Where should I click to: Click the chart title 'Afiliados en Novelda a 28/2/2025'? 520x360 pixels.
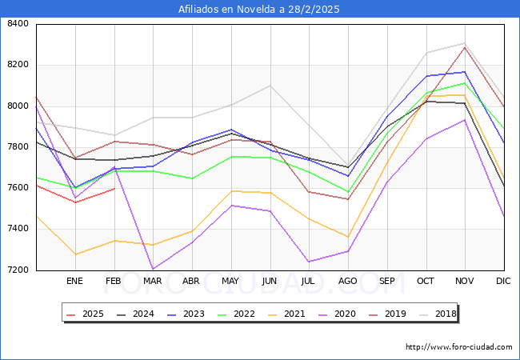pyautogui.click(x=260, y=9)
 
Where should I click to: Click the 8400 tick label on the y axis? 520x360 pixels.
pyautogui.click(x=17, y=24)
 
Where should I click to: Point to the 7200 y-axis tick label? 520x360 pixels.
pyautogui.click(x=17, y=270)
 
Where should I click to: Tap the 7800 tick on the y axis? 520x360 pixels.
pyautogui.click(x=17, y=147)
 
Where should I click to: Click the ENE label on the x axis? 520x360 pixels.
pyautogui.click(x=74, y=281)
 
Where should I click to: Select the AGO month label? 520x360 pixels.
pyautogui.click(x=348, y=281)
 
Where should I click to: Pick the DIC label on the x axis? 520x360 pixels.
pyautogui.click(x=503, y=281)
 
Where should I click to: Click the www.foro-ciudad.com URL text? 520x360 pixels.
pyautogui.click(x=459, y=347)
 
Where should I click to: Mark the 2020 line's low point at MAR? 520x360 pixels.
pyautogui.click(x=153, y=270)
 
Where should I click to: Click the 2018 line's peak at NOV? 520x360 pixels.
pyautogui.click(x=465, y=43)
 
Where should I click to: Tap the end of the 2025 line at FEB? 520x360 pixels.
pyautogui.click(x=114, y=189)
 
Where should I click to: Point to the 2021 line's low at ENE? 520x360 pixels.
pyautogui.click(x=74, y=254)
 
